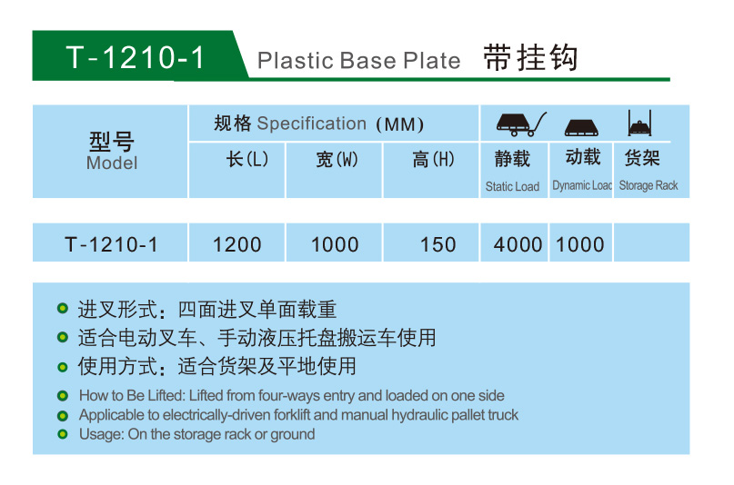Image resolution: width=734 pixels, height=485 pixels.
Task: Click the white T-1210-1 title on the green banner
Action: tap(136, 57)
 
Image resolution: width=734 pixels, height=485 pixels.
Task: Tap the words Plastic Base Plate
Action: tap(359, 60)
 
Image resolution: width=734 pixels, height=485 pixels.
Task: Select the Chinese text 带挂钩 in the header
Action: tap(530, 58)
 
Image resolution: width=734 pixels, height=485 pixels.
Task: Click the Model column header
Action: tap(112, 151)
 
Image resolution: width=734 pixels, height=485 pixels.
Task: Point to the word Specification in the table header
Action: tap(312, 124)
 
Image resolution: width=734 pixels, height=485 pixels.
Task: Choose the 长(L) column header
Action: tap(247, 159)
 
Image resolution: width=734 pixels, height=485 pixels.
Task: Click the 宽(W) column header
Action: tap(337, 159)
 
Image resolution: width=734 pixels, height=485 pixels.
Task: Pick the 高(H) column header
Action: tap(434, 159)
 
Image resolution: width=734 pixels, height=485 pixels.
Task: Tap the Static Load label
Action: tap(512, 186)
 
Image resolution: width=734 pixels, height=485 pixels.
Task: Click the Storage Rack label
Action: tap(649, 185)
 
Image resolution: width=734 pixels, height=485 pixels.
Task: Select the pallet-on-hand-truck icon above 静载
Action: tap(521, 124)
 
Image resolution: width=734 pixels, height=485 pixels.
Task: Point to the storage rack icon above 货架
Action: tap(639, 123)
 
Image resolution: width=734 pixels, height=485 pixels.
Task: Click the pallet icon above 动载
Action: tap(581, 127)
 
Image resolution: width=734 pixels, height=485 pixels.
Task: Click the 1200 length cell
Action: tap(236, 244)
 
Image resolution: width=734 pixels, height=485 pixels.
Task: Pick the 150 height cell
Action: tap(437, 244)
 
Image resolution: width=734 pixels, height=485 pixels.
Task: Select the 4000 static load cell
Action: tap(518, 244)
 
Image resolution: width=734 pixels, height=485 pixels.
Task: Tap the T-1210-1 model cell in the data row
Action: tap(111, 244)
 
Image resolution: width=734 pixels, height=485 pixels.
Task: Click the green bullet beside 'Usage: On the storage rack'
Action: tap(62, 434)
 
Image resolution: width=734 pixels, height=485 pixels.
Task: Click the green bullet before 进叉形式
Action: tap(62, 309)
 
